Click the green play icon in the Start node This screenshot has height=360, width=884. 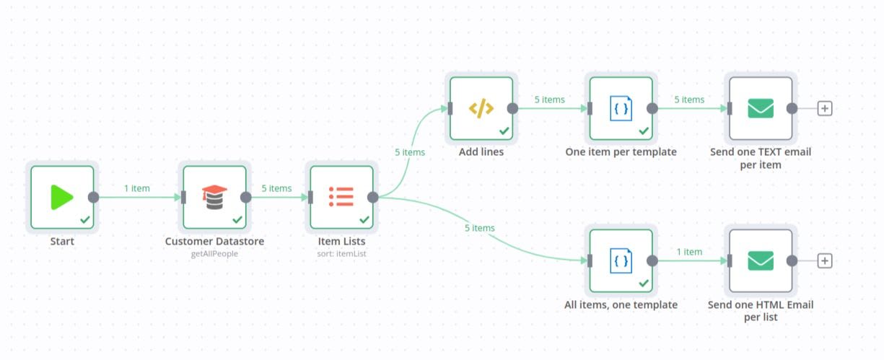coord(62,197)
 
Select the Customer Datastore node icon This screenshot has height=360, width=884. coord(214,197)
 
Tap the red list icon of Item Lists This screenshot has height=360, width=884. coord(341,197)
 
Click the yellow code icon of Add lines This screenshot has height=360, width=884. coord(481,108)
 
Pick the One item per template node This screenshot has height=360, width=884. coord(621,108)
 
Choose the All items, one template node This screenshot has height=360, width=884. coord(621,260)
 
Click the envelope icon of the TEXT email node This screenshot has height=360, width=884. coord(761,108)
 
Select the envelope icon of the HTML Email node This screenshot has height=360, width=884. coord(761,260)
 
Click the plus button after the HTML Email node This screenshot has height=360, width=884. coord(825,260)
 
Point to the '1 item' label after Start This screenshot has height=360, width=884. coord(136,188)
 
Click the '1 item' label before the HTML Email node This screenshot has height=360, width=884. coord(689,252)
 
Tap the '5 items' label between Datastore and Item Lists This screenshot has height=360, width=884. coord(276,188)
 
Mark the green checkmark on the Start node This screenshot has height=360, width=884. coord(85,219)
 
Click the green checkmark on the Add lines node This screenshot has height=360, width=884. coord(504,131)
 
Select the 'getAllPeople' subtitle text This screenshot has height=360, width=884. coord(214,254)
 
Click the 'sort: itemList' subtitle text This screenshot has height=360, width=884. coord(341,254)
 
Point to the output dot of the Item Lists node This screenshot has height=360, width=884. coord(373,197)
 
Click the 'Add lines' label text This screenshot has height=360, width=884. coord(481,152)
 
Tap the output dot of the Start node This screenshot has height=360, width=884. coord(93,197)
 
